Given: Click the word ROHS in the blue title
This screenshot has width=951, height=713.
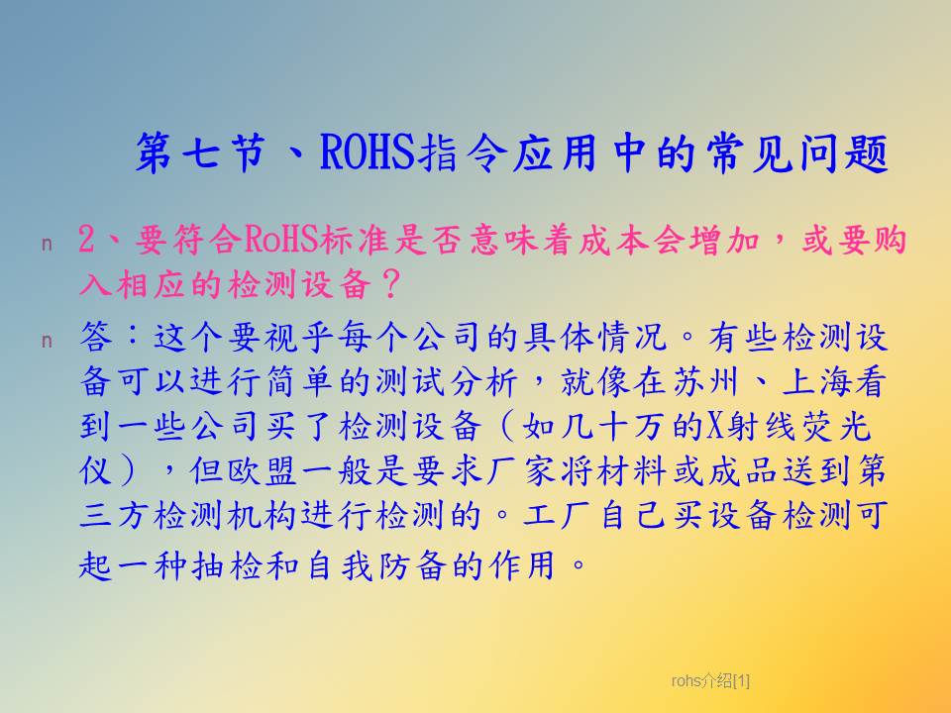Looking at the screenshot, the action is (x=367, y=153).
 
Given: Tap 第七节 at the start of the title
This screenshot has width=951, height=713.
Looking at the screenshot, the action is (x=201, y=153).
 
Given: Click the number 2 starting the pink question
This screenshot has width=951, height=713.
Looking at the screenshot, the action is (x=87, y=240).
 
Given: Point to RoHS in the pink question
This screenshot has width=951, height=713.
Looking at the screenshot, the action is (x=282, y=240).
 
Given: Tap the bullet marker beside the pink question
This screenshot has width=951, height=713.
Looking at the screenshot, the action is (x=47, y=245).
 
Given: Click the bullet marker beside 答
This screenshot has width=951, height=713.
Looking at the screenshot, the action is (x=47, y=342).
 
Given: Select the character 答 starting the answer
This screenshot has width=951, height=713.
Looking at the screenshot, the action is (x=96, y=337).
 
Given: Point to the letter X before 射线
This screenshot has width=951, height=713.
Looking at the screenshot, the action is (x=714, y=426).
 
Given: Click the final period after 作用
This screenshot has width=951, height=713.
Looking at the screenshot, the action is (x=580, y=565).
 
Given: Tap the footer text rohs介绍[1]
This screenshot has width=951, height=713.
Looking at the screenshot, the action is (x=710, y=681).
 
